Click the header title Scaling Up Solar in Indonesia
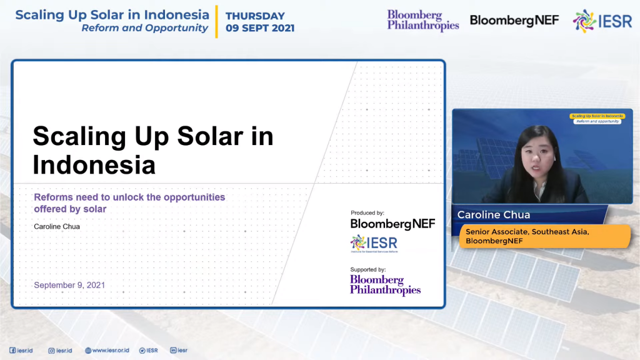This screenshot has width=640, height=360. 112,14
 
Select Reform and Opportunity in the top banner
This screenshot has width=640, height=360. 144,28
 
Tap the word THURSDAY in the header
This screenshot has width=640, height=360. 255,16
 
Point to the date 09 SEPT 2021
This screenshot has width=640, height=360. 260,28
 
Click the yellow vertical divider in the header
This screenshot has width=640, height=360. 217,21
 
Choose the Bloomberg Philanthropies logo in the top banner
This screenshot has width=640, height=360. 423,20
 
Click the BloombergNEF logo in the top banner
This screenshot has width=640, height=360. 514,21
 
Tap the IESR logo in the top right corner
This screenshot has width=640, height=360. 602,21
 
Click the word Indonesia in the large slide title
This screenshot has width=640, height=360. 94,165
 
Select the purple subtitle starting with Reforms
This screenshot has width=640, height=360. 129,202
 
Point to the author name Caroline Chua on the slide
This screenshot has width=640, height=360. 57,226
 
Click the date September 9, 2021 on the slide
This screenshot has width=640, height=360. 69,285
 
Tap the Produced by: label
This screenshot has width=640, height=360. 367,213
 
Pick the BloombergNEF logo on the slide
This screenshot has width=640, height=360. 392,224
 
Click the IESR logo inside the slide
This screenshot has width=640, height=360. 374,243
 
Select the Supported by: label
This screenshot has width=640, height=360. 368,269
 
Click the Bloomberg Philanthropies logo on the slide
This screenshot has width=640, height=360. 385,284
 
